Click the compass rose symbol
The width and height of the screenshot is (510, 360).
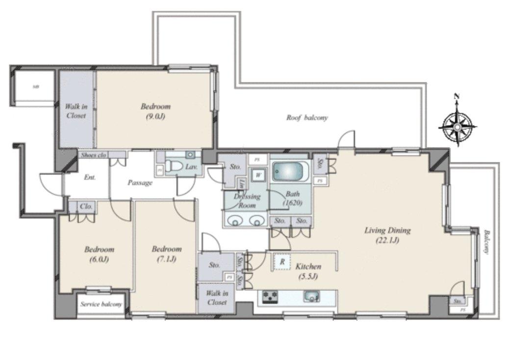point(457,126)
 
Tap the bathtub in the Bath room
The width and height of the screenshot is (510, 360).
point(290,172)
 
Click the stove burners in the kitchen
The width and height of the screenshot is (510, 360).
point(270,296)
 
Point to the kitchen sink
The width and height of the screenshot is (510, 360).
point(311,296)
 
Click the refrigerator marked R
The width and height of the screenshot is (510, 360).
point(282,262)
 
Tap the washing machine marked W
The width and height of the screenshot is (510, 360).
point(258,175)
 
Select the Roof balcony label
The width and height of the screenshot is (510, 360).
point(307,118)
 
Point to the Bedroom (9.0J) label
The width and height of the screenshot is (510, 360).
point(155,111)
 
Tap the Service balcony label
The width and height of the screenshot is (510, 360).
point(101,304)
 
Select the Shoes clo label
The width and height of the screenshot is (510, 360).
point(94,154)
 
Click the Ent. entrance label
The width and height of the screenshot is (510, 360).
point(89,177)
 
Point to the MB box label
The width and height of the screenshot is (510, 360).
point(35,87)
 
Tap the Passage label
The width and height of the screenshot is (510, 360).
point(140,182)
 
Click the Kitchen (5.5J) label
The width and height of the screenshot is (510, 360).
point(308,271)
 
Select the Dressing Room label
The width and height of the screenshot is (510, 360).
point(247,201)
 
